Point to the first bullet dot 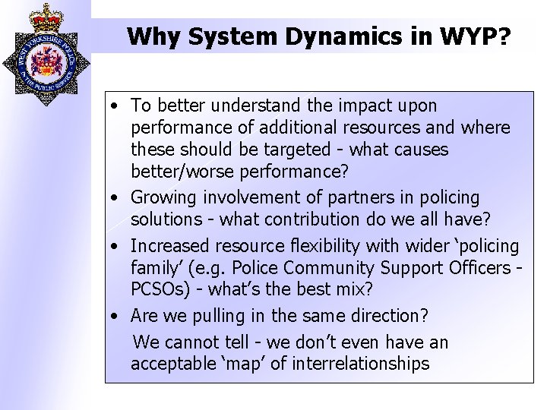click(112, 106)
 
